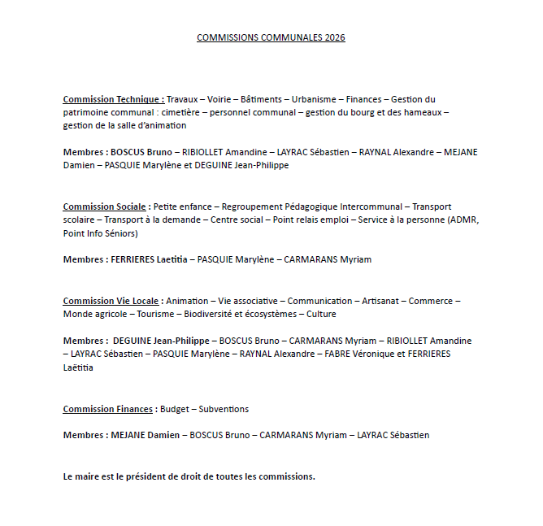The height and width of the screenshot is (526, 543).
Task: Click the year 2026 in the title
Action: pyautogui.click(x=333, y=37)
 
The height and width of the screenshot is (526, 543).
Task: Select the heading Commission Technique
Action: pyautogui.click(x=113, y=99)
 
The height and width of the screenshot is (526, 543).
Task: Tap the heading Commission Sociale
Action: pyautogui.click(x=105, y=206)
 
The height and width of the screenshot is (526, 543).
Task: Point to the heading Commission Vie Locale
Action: pyautogui.click(x=111, y=301)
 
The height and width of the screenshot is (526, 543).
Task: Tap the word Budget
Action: pyautogui.click(x=175, y=409)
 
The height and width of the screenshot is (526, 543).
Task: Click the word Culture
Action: pyautogui.click(x=321, y=314)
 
